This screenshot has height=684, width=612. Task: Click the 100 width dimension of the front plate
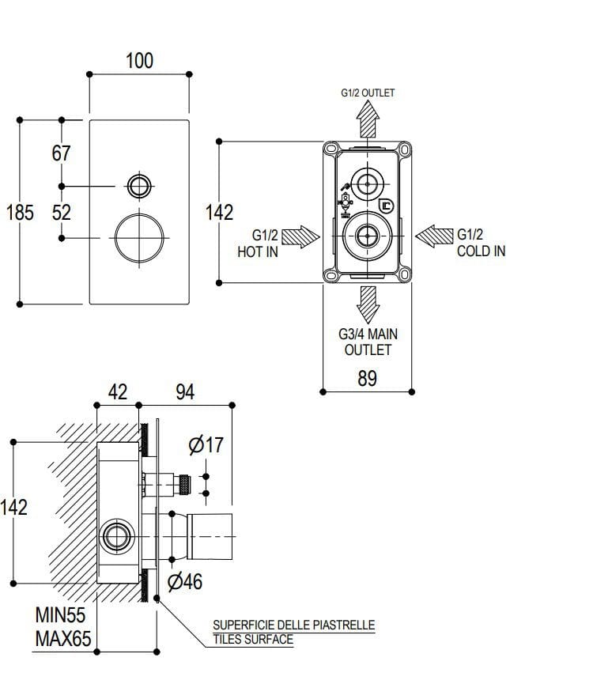click(x=140, y=60)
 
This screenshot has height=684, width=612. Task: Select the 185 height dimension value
click(x=20, y=212)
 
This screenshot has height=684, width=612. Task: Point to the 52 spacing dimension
click(x=62, y=212)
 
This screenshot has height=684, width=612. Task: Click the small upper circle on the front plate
click(x=139, y=186)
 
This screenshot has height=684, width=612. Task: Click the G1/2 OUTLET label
click(x=368, y=93)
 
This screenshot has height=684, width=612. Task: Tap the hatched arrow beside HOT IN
click(x=300, y=236)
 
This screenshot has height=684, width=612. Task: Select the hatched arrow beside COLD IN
click(x=434, y=236)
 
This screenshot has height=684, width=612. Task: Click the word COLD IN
click(x=481, y=251)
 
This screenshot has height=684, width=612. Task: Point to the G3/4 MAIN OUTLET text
click(x=368, y=342)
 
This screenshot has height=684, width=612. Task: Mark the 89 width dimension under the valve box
click(x=368, y=379)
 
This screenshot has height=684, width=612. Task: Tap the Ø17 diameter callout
click(x=206, y=445)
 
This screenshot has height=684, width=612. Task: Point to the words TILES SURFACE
click(x=253, y=640)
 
